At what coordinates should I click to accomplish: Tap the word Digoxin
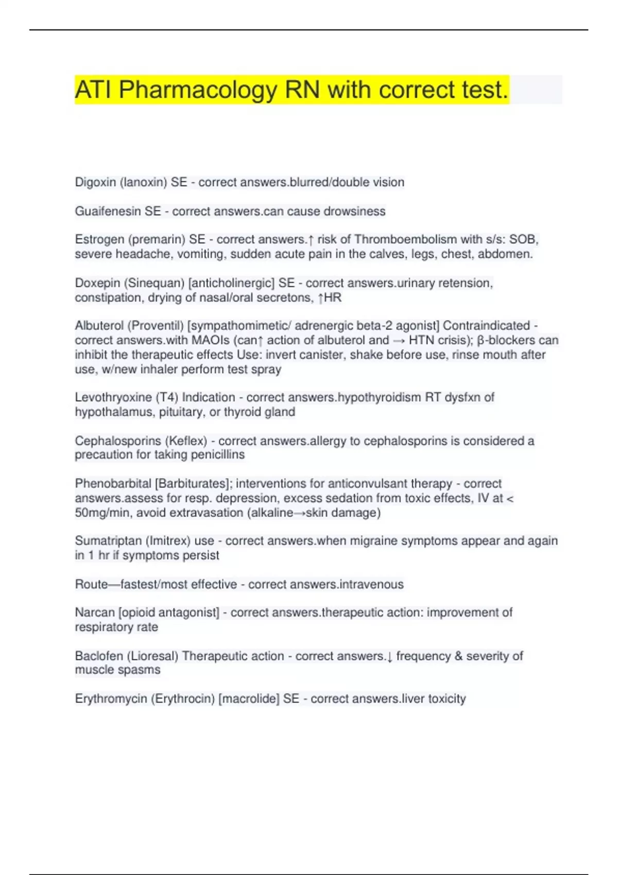[95, 182]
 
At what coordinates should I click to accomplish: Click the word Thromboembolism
[405, 239]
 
